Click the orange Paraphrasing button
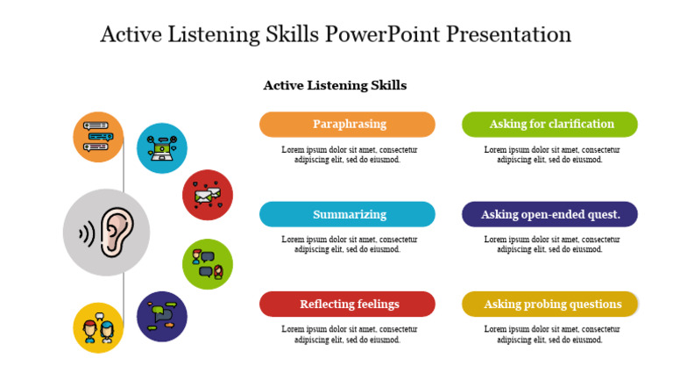(x=347, y=125)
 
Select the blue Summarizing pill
(x=347, y=214)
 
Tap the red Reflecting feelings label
(x=347, y=304)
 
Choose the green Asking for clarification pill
(x=549, y=125)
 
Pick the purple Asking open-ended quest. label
(x=549, y=214)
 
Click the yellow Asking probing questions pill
(x=549, y=304)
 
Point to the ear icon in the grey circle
(x=115, y=233)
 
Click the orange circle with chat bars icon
(x=98, y=137)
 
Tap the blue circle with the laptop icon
(x=162, y=148)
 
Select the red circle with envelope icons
(x=208, y=195)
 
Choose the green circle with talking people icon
(x=208, y=263)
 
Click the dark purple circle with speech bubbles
(x=162, y=316)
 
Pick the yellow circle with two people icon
(x=98, y=327)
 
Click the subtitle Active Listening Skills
(x=335, y=85)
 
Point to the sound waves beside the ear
(x=86, y=233)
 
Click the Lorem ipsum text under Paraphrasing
(x=349, y=155)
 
